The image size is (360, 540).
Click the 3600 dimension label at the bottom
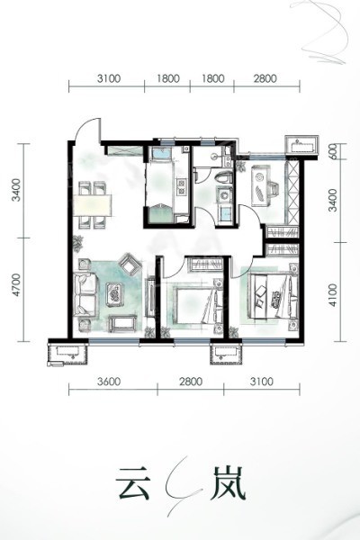coord(109,382)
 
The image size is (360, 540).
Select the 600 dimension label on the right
coord(332,151)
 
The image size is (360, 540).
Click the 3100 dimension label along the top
coord(109,78)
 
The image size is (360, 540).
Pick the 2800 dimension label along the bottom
coord(191,382)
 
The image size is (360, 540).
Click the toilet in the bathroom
coord(224,177)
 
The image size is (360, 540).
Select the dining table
coord(93,205)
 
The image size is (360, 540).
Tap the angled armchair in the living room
coord(130,263)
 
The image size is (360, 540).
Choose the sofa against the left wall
coord(85,294)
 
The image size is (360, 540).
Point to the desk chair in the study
coord(275,189)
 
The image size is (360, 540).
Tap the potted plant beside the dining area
coord(78,242)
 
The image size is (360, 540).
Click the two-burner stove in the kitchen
coord(181,185)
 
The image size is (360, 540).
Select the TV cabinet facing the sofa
coord(150,297)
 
